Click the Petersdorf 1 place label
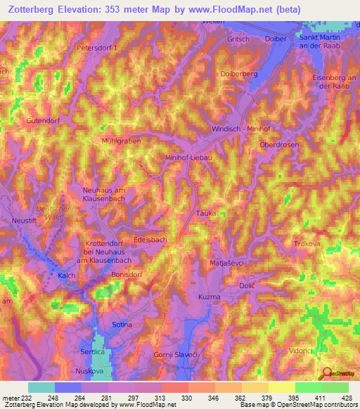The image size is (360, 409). [x=98, y=47]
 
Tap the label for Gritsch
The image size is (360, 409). [x=238, y=39]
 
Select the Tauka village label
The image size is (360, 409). [x=205, y=212]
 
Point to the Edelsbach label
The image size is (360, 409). [x=150, y=240]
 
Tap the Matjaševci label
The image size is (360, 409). [x=226, y=263]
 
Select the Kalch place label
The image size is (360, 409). [x=67, y=275]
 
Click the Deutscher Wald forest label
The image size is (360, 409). [x=53, y=213]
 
